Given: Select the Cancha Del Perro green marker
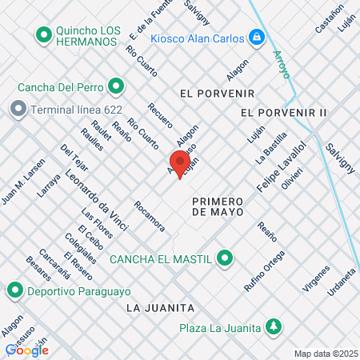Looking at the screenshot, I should click(116, 86).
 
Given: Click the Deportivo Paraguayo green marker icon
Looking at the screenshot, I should click(14, 290).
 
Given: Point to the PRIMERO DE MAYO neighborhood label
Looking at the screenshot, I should click(222, 206).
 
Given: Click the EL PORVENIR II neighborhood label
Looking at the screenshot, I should click(283, 113).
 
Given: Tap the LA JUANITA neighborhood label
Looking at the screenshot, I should click(160, 307).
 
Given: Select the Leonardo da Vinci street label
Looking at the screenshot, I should click(97, 199).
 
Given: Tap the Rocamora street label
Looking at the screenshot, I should click(150, 215).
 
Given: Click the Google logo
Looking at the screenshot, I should click(26, 350).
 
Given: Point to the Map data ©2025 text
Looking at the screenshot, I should click(324, 354).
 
